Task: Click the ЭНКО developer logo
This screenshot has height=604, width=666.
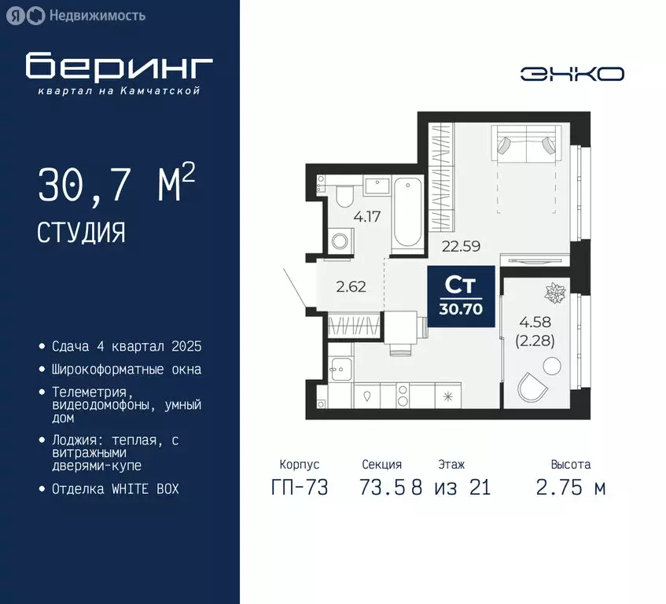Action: click(572, 73)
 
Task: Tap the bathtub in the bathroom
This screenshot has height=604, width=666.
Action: click(407, 212)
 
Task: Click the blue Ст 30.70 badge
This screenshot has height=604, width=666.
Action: click(462, 296)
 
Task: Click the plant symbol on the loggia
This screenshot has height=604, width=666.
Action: click(555, 294)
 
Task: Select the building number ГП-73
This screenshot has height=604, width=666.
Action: click(300, 488)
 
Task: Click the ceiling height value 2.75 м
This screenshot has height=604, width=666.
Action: click(571, 488)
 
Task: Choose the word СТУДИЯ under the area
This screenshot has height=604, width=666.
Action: click(81, 233)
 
